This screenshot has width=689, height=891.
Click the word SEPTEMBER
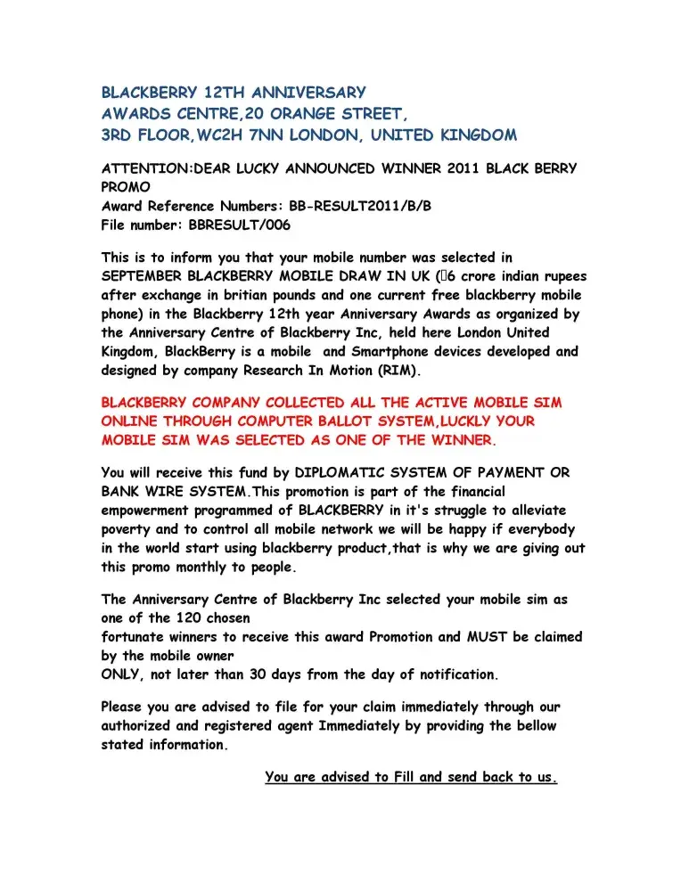coord(144,276)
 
